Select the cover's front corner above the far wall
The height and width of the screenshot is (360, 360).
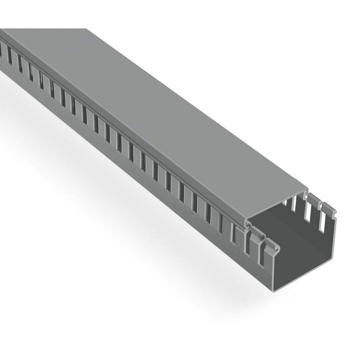(x=307, y=189)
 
